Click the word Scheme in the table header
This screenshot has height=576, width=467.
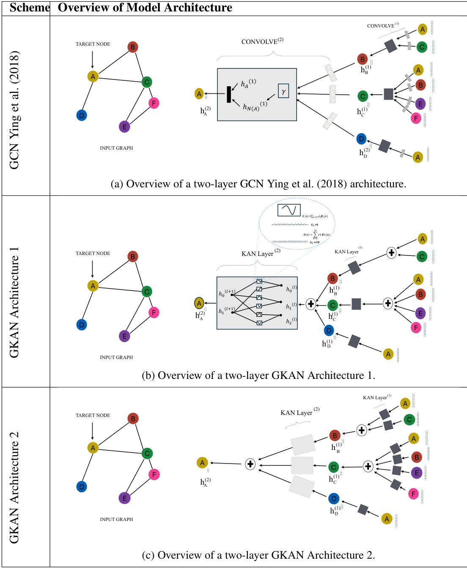click(x=30, y=8)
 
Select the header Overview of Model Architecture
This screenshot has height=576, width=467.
click(x=145, y=8)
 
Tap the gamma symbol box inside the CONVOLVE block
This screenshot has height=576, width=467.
click(x=283, y=91)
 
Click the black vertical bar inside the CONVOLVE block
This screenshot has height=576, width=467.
click(x=229, y=94)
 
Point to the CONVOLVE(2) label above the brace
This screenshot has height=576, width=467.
click(x=262, y=41)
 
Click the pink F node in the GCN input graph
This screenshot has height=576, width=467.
click(x=154, y=103)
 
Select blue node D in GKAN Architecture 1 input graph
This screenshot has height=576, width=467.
click(x=82, y=325)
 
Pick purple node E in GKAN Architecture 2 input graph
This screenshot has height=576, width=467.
click(x=124, y=498)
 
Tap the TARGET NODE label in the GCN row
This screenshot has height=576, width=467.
click(x=93, y=44)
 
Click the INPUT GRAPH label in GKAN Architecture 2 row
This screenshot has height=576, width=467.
click(x=116, y=519)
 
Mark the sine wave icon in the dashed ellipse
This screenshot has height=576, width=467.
click(x=289, y=210)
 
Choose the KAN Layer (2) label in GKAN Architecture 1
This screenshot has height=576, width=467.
click(x=261, y=253)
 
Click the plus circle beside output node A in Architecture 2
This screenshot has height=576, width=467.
click(x=250, y=464)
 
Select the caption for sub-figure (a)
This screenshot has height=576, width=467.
click(x=258, y=184)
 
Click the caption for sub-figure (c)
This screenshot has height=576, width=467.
click(x=258, y=555)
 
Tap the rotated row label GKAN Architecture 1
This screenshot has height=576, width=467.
click(x=14, y=302)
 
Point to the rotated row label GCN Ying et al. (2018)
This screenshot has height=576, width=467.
click(x=14, y=110)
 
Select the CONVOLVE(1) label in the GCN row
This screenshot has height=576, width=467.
click(x=382, y=26)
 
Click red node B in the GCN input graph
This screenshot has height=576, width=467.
click(x=133, y=47)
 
